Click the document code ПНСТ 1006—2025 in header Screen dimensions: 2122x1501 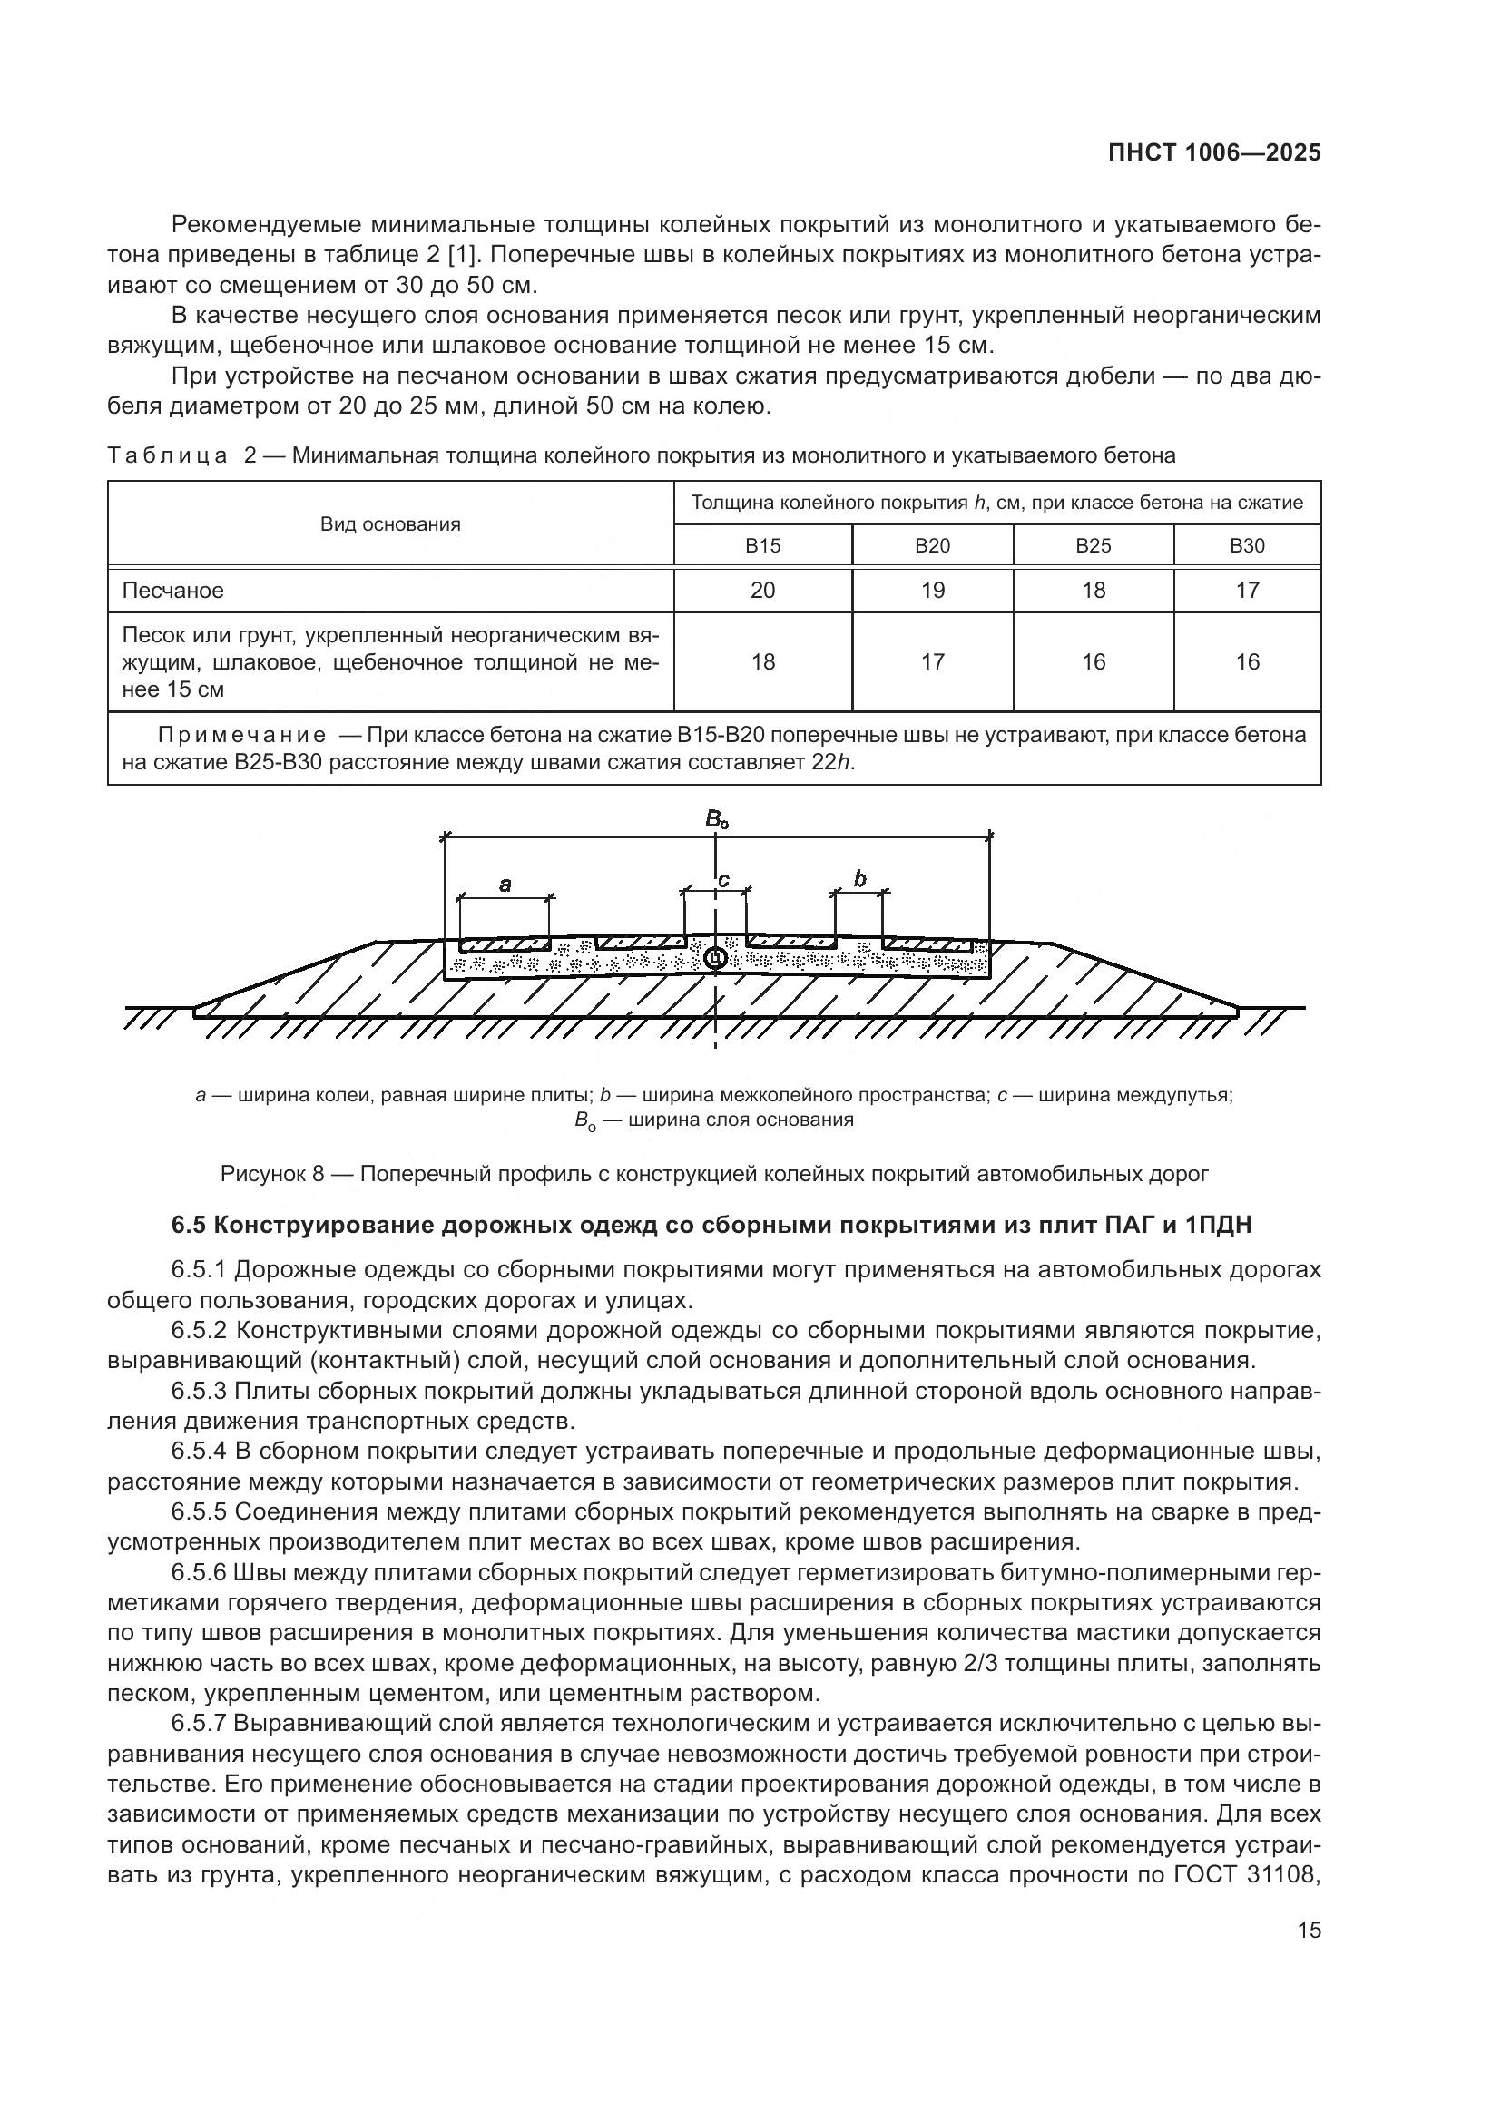click(x=1214, y=153)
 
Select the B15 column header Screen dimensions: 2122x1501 click(x=762, y=545)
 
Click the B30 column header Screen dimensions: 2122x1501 click(x=1247, y=545)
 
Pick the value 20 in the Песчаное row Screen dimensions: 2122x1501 click(x=762, y=590)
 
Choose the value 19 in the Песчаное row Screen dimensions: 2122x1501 click(x=933, y=590)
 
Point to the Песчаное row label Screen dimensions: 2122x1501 click(x=172, y=590)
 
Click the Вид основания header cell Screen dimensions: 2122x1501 click(x=390, y=524)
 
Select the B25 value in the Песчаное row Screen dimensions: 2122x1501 click(x=1094, y=590)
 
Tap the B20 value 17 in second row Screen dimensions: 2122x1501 click(x=933, y=661)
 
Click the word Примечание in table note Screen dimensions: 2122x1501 click(x=242, y=735)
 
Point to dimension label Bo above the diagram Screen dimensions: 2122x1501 click(x=716, y=819)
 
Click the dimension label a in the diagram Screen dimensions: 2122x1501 click(x=505, y=885)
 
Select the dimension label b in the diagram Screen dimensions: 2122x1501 click(x=860, y=878)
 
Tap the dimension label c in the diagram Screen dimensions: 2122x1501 click(x=723, y=879)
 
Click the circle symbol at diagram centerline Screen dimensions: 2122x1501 click(x=714, y=958)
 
